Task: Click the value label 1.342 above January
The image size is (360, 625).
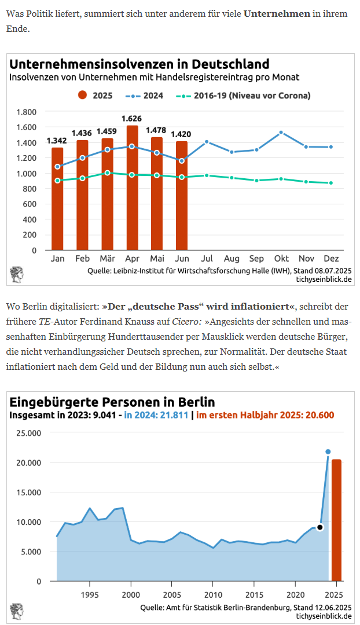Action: click(56, 141)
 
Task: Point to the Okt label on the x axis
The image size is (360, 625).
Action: click(281, 259)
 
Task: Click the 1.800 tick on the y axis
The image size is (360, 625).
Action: click(27, 112)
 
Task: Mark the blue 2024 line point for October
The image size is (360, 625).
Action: click(281, 133)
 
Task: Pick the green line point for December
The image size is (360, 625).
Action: click(330, 183)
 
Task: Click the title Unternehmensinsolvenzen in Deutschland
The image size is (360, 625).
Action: click(139, 64)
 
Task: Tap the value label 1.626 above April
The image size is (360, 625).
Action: click(131, 119)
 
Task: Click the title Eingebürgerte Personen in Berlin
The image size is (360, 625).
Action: click(112, 402)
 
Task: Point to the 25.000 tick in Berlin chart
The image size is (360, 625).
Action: click(28, 433)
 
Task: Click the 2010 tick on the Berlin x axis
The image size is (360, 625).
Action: click(213, 594)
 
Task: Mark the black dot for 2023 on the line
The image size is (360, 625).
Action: click(319, 527)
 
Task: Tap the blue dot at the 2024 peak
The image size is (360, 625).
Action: click(328, 451)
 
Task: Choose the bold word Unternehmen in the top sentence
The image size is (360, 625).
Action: click(277, 13)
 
